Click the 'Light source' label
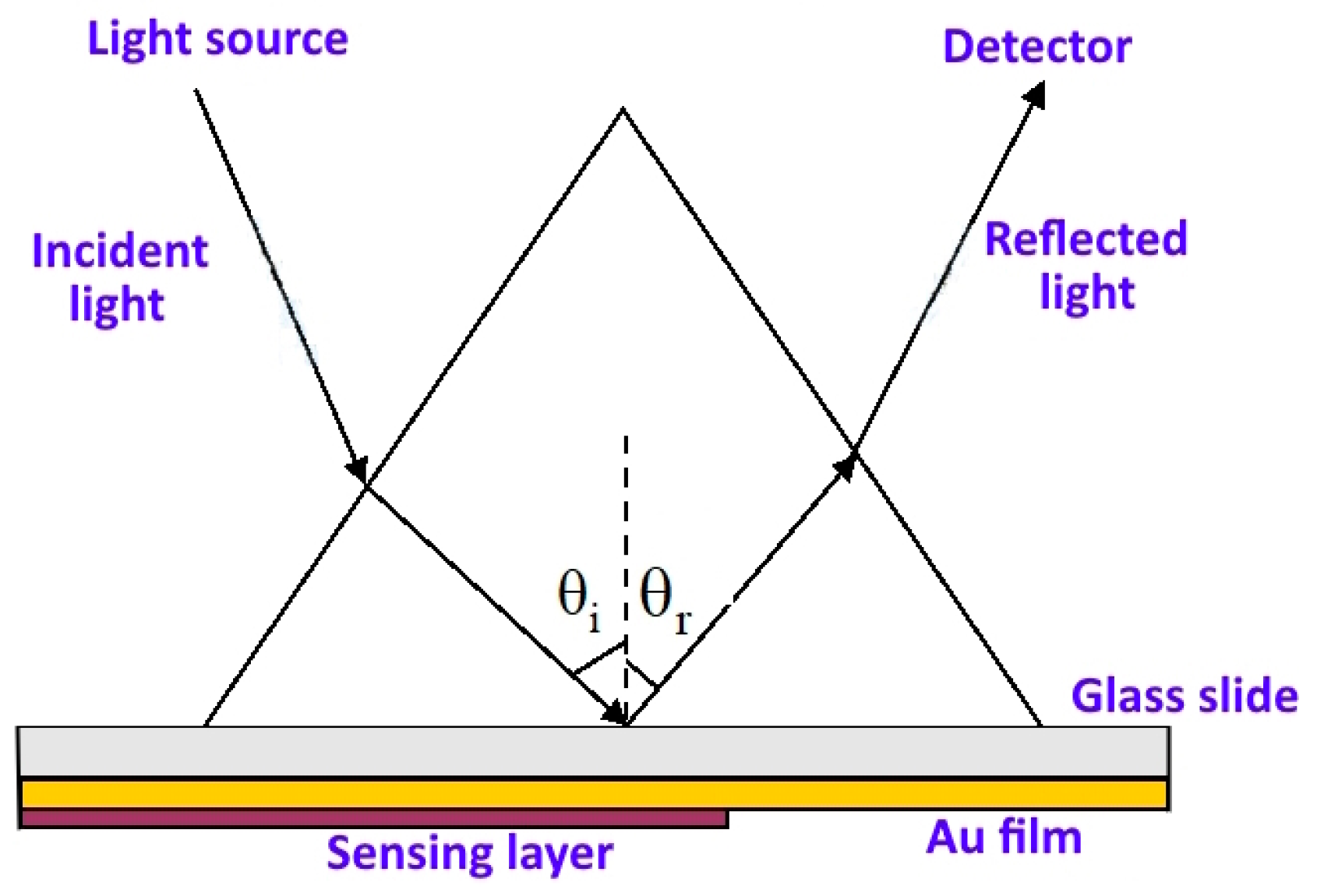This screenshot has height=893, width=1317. click(x=217, y=39)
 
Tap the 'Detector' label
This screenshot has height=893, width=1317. click(x=1036, y=47)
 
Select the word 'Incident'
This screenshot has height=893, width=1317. click(x=120, y=251)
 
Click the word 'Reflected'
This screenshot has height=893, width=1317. click(x=1086, y=238)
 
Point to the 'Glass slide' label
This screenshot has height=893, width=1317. click(x=1184, y=695)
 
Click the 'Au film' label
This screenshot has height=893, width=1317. click(x=1004, y=838)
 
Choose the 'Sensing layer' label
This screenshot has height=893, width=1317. click(x=470, y=852)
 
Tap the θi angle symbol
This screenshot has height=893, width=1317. click(x=578, y=600)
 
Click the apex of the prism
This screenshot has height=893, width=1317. click(x=623, y=110)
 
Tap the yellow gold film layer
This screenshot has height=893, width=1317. click(x=592, y=794)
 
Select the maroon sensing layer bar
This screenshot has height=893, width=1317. click(x=374, y=818)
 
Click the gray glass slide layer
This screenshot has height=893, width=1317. click(x=592, y=751)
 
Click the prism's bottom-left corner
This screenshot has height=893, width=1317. click(x=205, y=725)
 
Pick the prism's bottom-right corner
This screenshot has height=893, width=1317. click(x=1041, y=725)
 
